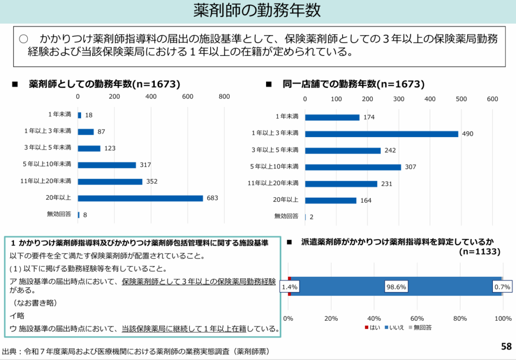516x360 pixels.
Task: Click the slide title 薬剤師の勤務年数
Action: coord(257,11)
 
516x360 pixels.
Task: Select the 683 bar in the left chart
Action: coord(140,198)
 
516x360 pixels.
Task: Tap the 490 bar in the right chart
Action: coord(381,134)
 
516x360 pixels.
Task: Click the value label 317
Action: coord(146,165)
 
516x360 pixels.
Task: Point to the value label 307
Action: coord(410,167)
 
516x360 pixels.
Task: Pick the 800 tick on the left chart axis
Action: coord(224,96)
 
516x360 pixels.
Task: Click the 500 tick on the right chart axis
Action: coord(461,99)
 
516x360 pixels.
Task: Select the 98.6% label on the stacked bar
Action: coord(396,286)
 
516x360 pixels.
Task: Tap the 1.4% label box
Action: coord(290,286)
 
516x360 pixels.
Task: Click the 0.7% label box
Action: coord(502,286)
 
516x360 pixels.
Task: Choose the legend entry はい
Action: coord(372,328)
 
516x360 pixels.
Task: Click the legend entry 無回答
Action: coord(421,328)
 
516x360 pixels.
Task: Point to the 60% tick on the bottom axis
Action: coord(417,318)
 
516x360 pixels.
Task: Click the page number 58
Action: coord(506,346)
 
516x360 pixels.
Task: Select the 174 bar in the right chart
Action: coord(332,117)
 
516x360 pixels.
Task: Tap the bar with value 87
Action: coord(86,132)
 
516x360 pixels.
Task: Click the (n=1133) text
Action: coord(480,252)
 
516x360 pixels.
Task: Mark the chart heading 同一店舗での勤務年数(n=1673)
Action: coord(353,84)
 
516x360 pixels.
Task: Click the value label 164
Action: coord(366,201)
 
